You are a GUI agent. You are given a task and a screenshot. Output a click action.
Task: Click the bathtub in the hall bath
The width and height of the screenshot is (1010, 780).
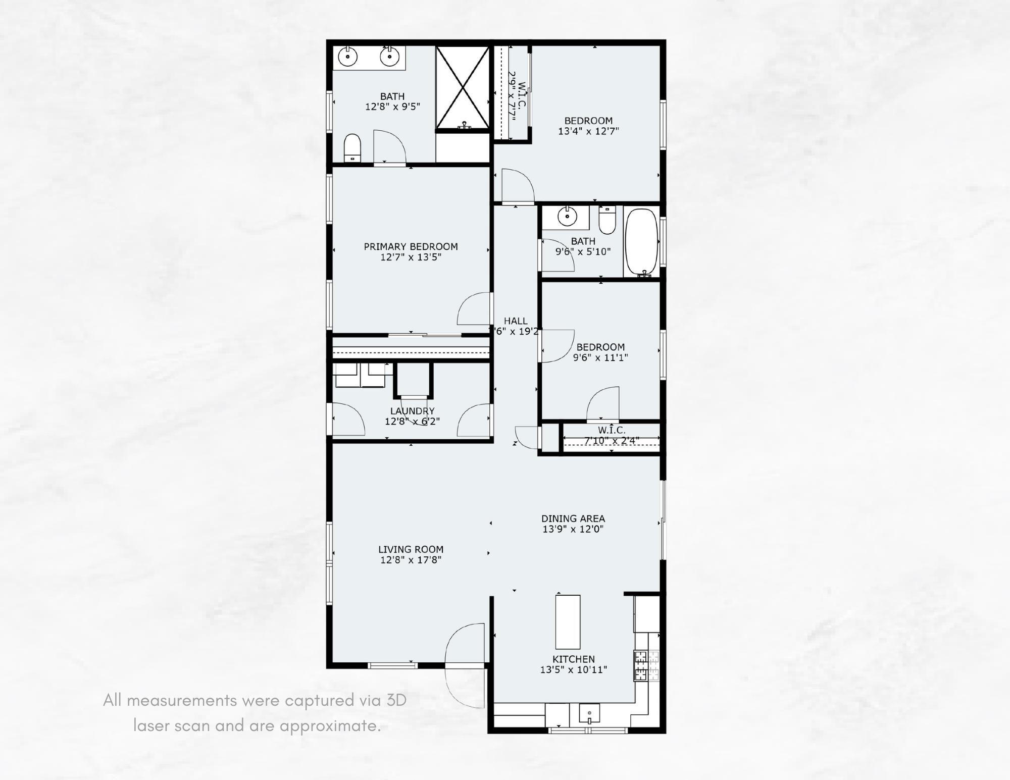[x=641, y=242]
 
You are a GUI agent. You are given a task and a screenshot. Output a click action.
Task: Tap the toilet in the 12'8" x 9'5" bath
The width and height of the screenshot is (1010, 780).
[x=352, y=147]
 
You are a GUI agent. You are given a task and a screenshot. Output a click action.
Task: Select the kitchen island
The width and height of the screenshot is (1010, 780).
[x=568, y=621]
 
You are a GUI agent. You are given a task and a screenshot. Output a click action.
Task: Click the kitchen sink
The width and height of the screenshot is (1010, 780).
[x=589, y=713]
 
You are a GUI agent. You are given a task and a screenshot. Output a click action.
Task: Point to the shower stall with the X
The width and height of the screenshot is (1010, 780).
[x=462, y=88]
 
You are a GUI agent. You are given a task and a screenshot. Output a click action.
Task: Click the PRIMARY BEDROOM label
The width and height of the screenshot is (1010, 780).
[x=411, y=246]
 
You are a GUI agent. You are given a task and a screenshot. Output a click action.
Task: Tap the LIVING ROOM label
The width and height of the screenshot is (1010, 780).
[x=411, y=549]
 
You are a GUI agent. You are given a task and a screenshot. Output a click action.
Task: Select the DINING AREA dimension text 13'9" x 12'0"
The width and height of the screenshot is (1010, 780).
[x=573, y=529]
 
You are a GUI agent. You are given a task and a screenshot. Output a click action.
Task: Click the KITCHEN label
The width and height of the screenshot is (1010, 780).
[x=573, y=659]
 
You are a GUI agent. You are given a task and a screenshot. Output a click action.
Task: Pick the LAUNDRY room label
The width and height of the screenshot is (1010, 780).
[x=412, y=411]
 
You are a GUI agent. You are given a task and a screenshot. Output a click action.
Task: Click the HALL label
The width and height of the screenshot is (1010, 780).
[x=516, y=321]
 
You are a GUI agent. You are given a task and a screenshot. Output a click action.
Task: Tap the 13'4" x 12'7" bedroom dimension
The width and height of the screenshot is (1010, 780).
[x=588, y=131]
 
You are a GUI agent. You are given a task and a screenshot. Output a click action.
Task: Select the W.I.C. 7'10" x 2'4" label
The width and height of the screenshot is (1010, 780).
[x=612, y=430]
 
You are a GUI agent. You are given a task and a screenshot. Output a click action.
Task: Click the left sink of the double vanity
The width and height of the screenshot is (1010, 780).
[x=348, y=57]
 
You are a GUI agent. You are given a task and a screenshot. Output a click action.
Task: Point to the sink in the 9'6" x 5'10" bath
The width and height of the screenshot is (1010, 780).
[x=567, y=217]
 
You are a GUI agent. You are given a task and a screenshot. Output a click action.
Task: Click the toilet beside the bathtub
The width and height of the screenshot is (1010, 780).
[x=607, y=221]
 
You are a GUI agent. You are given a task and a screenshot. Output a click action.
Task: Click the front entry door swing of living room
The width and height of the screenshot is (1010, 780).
[x=465, y=644]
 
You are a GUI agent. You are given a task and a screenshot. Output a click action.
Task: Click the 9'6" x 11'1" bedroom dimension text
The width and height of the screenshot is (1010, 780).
[x=600, y=357]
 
